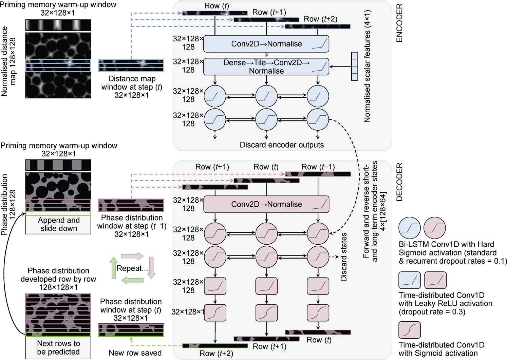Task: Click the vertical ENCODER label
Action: pos(399,23)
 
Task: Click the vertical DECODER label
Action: pos(399,182)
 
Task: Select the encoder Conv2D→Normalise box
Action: pos(266,44)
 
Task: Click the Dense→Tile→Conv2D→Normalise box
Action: pos(266,67)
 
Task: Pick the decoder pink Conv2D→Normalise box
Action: pos(266,204)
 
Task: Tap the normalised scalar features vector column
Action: pos(355,67)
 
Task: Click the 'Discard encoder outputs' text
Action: pos(282,145)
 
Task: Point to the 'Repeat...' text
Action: pos(132,268)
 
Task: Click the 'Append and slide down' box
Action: pos(58,225)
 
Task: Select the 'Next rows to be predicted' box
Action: pos(58,348)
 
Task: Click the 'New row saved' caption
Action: pos(135,353)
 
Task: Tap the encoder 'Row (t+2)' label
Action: pos(320,19)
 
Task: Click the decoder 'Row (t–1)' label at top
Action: pos(318,167)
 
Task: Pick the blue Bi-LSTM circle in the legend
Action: pos(410,228)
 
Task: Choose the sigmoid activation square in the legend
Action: pos(410,330)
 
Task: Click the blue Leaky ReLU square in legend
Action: pos(410,280)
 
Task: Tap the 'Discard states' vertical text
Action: pos(344,257)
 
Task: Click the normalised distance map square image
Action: pos(58,65)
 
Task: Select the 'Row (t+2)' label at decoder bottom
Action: pos(216,354)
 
